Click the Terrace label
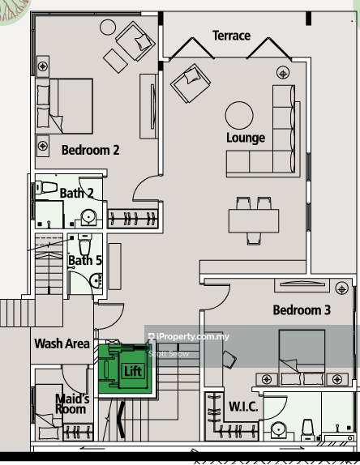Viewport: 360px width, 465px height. (x=231, y=36)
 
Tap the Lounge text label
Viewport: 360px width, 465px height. (x=246, y=138)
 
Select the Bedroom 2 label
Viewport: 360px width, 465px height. (x=90, y=150)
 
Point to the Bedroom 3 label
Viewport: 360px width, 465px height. (x=302, y=310)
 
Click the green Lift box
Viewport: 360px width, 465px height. (x=125, y=369)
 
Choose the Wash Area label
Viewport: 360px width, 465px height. (x=62, y=343)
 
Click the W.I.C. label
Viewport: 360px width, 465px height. (x=243, y=407)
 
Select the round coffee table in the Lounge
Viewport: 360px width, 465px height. (x=239, y=116)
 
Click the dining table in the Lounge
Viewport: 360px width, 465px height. (x=254, y=221)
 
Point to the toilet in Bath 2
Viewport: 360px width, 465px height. (x=46, y=188)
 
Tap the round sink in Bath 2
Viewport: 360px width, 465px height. (x=88, y=217)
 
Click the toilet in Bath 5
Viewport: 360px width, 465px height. (x=85, y=244)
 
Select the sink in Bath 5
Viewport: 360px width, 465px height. (x=96, y=280)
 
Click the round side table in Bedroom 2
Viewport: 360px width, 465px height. (x=108, y=28)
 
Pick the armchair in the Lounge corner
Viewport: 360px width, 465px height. (x=191, y=83)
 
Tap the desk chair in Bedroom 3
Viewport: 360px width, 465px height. (x=229, y=360)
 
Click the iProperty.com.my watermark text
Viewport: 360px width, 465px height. (x=189, y=336)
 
